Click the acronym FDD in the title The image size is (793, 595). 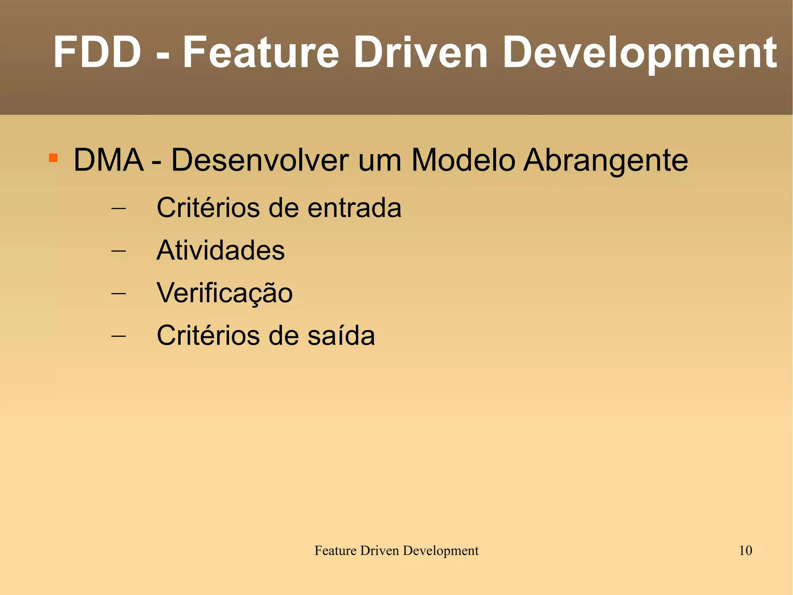click(97, 52)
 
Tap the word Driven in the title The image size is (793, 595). click(420, 52)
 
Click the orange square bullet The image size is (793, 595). click(53, 158)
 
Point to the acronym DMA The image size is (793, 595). click(108, 160)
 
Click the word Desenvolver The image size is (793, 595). click(260, 160)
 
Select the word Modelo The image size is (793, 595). click(463, 160)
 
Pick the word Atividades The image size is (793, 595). click(221, 250)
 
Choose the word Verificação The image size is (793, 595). click(225, 293)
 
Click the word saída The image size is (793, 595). click(341, 335)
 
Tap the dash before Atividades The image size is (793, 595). click(118, 251)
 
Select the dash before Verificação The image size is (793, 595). click(118, 293)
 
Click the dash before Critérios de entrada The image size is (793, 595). click(118, 208)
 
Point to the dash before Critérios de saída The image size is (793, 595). click(118, 336)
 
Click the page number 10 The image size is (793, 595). click(745, 550)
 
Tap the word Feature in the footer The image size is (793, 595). click(335, 550)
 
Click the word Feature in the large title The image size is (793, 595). click(261, 52)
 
